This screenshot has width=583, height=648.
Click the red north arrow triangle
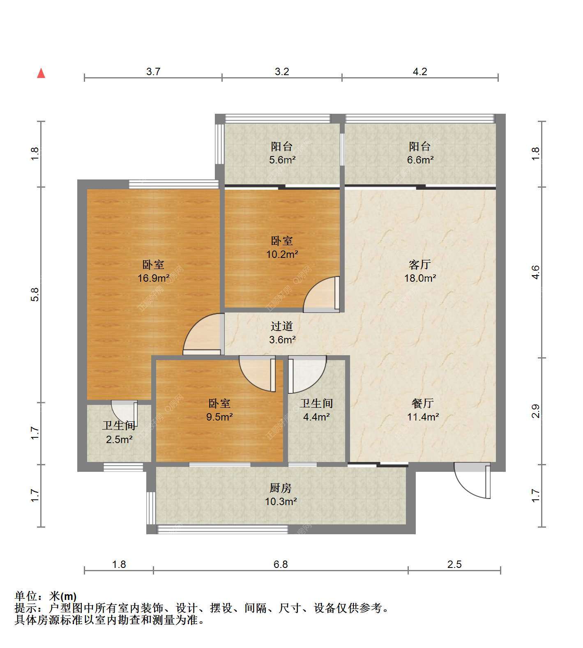point(41,74)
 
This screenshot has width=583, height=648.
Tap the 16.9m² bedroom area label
point(154,278)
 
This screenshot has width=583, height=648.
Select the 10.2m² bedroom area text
point(282,254)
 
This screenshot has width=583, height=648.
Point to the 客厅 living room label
point(420,264)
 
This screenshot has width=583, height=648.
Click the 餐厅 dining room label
point(423,403)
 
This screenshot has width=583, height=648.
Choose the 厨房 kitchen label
point(281,488)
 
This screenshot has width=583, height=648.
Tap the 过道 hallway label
point(282,326)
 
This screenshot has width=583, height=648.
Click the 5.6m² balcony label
point(282,160)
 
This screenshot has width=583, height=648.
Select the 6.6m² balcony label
point(420,160)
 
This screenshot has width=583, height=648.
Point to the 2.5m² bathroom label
point(119,440)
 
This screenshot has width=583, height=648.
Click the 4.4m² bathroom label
point(316,417)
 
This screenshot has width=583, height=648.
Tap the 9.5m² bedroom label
point(219,417)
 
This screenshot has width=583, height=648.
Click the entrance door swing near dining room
point(472,481)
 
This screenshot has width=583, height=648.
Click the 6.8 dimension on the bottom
point(281,564)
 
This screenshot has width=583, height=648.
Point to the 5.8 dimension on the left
point(35,294)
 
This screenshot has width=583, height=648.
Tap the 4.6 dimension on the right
point(535,272)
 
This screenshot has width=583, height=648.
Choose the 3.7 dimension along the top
point(153,71)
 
